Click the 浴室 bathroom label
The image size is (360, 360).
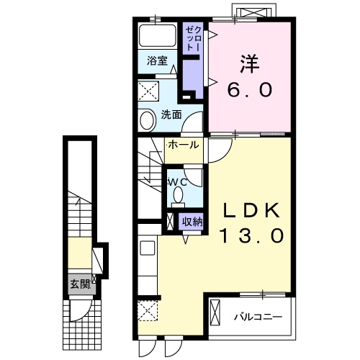157,61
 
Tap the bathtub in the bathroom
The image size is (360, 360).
158,35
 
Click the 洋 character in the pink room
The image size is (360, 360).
250,64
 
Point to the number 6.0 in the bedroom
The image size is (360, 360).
250,89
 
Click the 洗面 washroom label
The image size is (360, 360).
171,115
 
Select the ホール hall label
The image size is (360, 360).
184,145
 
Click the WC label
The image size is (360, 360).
178,182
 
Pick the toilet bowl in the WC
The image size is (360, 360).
178,195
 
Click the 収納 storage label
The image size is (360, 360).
192,222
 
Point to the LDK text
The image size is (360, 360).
252,210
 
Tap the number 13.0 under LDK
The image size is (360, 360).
252,235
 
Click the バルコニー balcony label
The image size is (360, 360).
258,318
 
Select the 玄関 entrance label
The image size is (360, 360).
81,284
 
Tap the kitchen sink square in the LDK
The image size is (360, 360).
148,248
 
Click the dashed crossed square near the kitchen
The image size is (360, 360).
148,310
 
